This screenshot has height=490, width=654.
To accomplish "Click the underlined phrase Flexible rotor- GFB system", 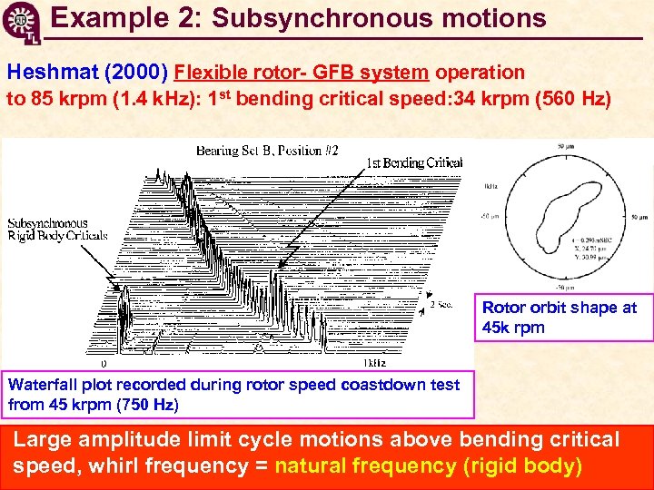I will tap(302, 73).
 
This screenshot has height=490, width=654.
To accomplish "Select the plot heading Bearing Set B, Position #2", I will tap(267, 152).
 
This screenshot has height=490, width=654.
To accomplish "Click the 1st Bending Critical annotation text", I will tap(414, 163).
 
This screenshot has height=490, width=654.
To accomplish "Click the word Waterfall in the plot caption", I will tap(42, 385).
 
